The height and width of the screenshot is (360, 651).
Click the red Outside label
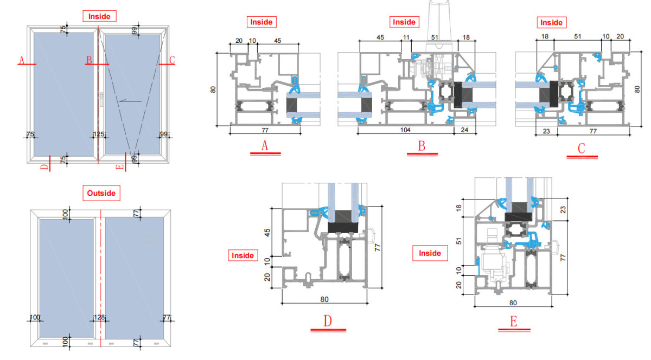tap(101, 193)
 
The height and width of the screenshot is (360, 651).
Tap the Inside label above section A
tap(261, 22)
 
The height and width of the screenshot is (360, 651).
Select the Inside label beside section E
tap(430, 253)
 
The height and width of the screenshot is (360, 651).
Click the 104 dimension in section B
tap(405, 130)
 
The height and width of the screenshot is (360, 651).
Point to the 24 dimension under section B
tap(464, 130)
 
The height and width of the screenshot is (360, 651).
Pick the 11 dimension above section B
tap(406, 37)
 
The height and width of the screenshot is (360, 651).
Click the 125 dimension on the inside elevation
tap(99, 134)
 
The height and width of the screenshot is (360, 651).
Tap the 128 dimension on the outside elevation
tap(99, 317)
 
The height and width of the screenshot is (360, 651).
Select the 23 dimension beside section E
tap(563, 210)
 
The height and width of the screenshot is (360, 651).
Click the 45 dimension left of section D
tap(267, 233)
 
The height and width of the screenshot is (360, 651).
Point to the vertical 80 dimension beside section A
tap(213, 89)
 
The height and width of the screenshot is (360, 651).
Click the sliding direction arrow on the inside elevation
tap(131, 101)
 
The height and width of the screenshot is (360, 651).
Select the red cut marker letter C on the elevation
tap(172, 60)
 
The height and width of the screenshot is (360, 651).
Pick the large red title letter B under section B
tap(422, 145)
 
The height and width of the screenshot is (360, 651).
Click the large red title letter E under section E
tap(514, 322)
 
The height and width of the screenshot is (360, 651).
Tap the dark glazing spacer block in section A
tap(292, 105)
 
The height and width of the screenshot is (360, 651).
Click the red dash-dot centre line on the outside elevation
tap(101, 278)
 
